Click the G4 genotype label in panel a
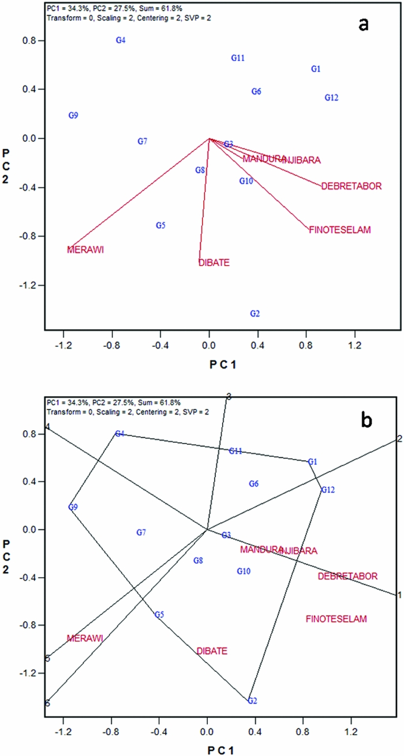121,40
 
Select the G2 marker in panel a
255,313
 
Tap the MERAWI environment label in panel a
88,250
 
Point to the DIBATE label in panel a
214,263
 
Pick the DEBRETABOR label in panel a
351,186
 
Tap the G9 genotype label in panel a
73,115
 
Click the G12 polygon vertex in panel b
328,490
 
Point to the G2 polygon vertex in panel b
252,701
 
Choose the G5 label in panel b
159,615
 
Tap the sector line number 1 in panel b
399,595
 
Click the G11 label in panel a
238,58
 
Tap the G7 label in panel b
141,532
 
